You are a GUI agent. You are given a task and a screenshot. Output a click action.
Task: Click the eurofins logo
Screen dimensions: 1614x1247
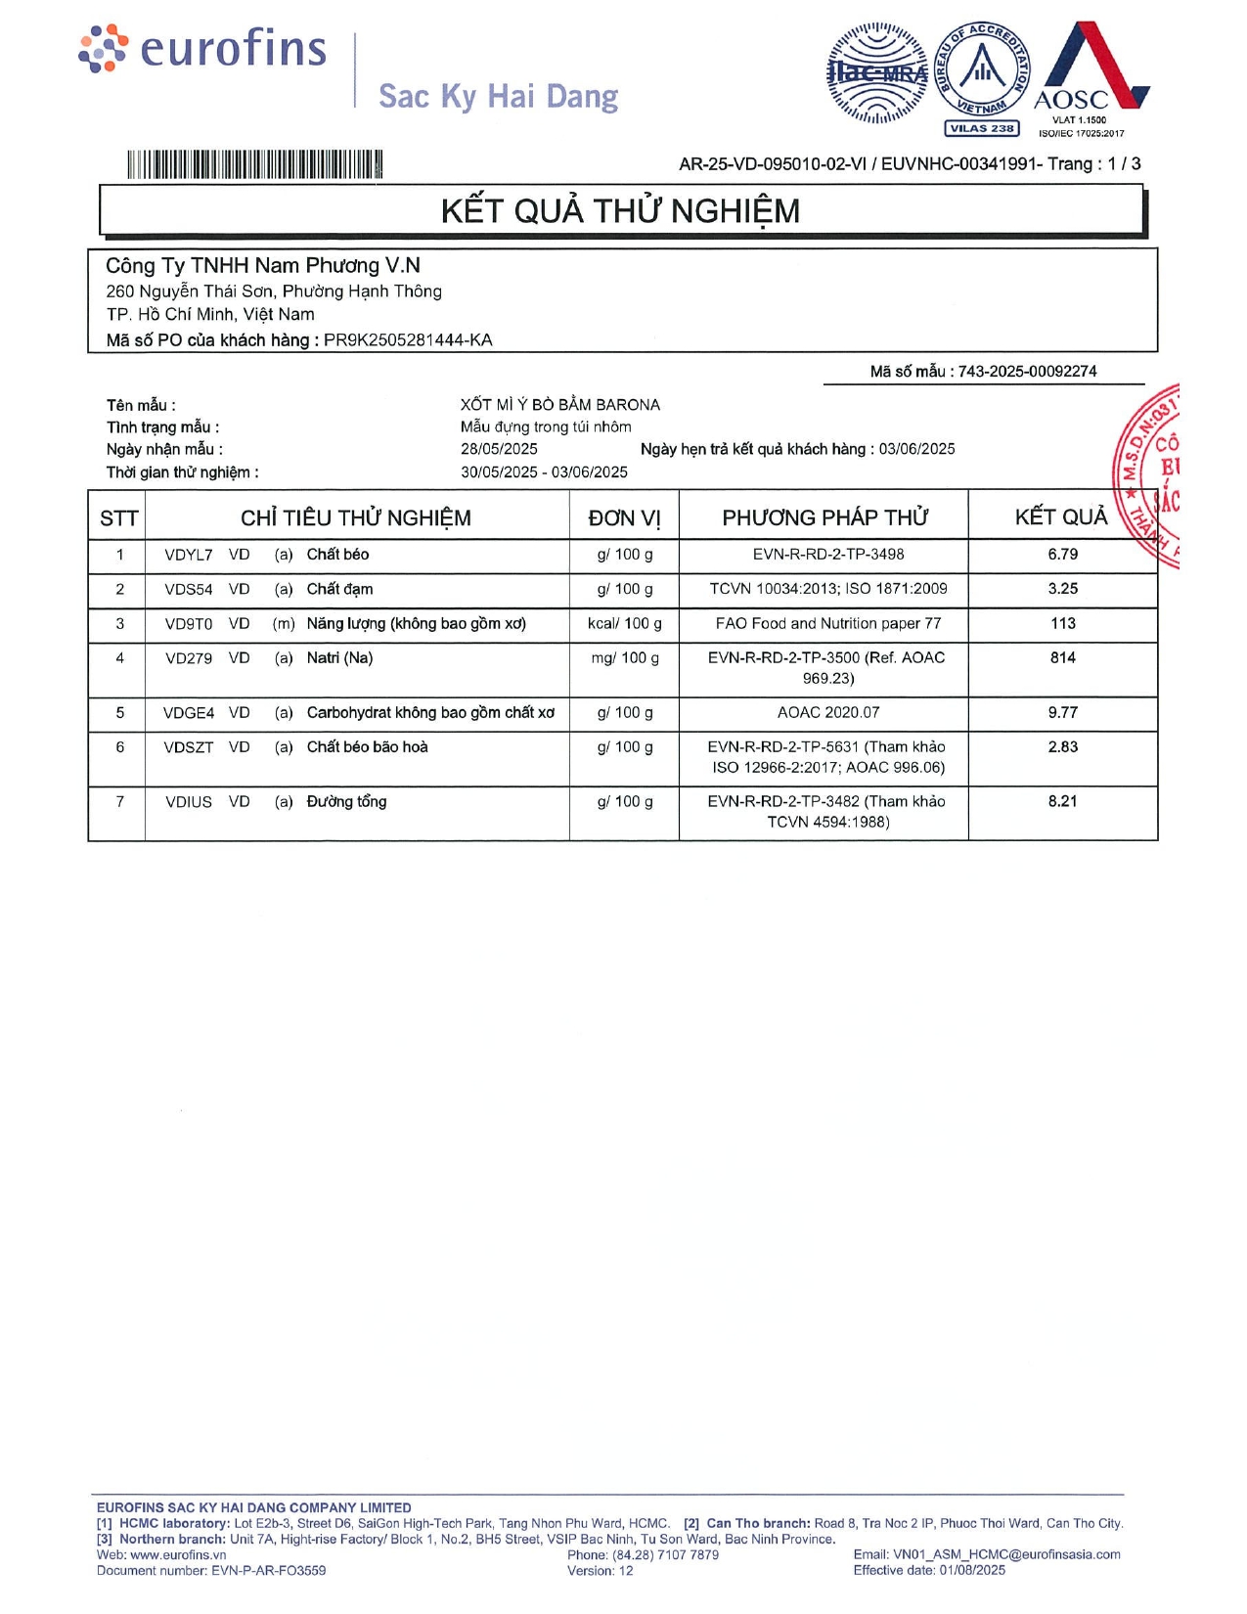[x=202, y=49]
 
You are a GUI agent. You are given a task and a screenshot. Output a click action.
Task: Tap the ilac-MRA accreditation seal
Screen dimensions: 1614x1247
[x=877, y=72]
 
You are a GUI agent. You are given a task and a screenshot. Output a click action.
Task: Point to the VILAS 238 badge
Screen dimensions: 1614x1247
[x=981, y=128]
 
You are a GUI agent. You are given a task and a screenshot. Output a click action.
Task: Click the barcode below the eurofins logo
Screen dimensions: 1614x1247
[x=254, y=164]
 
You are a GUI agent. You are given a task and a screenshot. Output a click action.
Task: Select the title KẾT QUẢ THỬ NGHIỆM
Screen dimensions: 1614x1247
[x=620, y=211]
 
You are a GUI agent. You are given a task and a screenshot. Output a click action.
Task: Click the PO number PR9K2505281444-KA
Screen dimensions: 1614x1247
[x=408, y=340]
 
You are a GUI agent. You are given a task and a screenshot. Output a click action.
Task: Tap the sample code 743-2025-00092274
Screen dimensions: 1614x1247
[x=1027, y=372]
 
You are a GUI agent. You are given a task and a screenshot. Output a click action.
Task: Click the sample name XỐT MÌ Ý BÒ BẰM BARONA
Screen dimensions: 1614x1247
[x=560, y=405]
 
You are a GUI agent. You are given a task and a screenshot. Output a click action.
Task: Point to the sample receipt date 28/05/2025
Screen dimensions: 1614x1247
[x=499, y=449]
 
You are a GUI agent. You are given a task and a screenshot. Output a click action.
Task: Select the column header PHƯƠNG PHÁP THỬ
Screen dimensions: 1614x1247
[x=824, y=517]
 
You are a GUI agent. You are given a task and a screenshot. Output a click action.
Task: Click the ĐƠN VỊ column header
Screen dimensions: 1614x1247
[x=624, y=518]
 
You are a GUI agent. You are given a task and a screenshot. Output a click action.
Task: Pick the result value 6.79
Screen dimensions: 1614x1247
[x=1062, y=555]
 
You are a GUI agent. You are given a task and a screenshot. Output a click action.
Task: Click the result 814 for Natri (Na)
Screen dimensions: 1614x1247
[x=1062, y=658]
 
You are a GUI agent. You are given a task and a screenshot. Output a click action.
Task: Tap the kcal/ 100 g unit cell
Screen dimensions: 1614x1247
[x=624, y=624]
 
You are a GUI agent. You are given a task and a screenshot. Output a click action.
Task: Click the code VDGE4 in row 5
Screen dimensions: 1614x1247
[x=189, y=713]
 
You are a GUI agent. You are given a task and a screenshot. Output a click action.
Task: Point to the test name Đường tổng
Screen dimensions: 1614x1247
[x=346, y=802]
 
